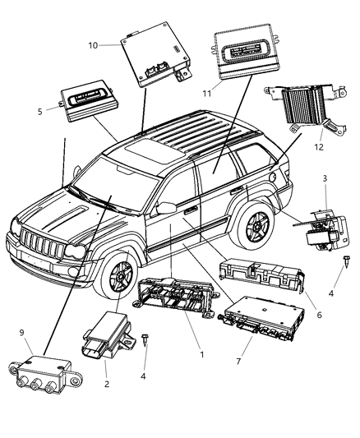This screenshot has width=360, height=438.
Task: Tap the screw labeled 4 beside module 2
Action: [144, 340]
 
